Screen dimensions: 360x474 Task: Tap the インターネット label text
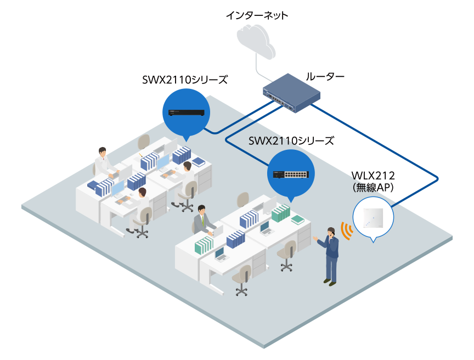pyautogui.click(x=256, y=15)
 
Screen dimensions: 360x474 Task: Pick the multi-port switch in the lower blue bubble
pyautogui.click(x=291, y=174)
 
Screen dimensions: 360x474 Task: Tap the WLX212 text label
pyautogui.click(x=373, y=176)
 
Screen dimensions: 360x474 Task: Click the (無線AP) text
pyautogui.click(x=373, y=187)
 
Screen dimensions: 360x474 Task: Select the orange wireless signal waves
pyautogui.click(x=345, y=231)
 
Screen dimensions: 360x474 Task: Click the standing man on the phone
pyautogui.click(x=330, y=255)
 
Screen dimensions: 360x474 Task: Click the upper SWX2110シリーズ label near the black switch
pyautogui.click(x=184, y=80)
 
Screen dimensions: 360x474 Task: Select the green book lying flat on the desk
pyautogui.click(x=297, y=220)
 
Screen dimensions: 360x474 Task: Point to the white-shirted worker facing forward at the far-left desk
pyautogui.click(x=103, y=162)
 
